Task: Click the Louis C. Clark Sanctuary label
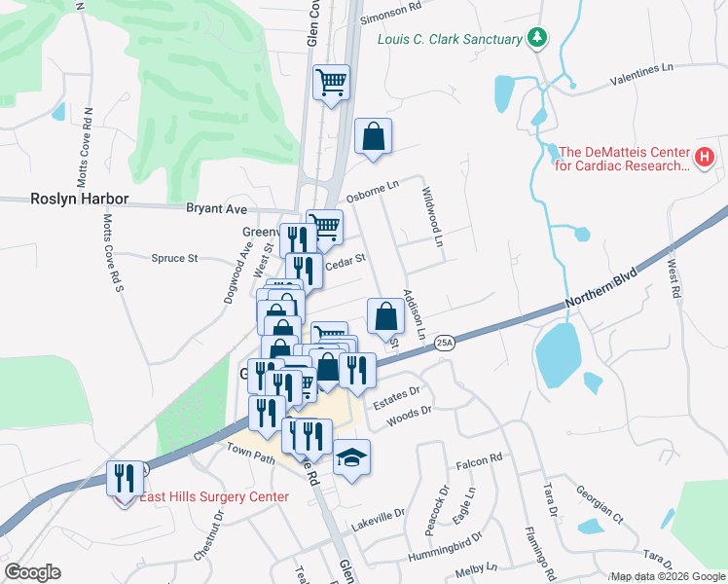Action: pos(450,39)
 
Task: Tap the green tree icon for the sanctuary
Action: pos(536,38)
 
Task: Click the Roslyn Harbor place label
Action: pos(65,199)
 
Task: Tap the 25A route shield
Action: pos(444,342)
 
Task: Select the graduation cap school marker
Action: pos(352,458)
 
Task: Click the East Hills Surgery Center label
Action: pos(213,496)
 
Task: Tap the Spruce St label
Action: pos(174,258)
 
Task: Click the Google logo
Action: pos(32,572)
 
